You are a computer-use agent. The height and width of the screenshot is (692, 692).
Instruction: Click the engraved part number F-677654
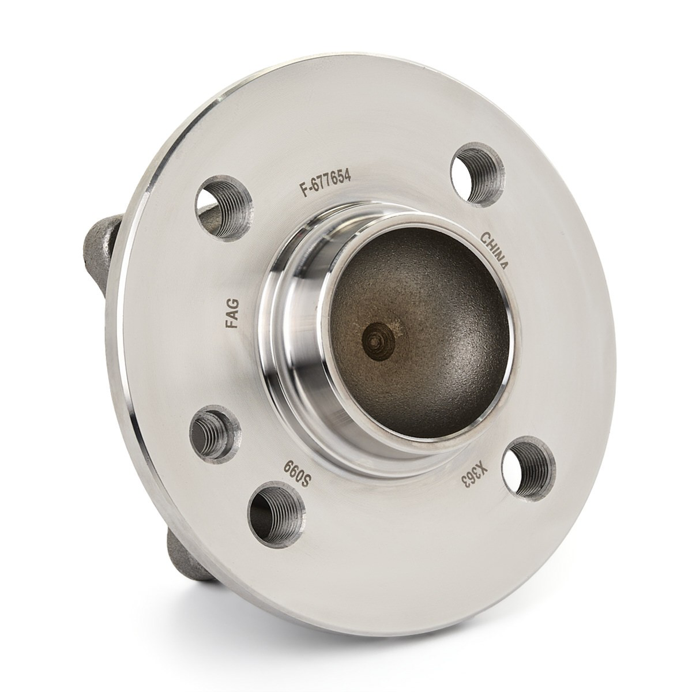(325, 185)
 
